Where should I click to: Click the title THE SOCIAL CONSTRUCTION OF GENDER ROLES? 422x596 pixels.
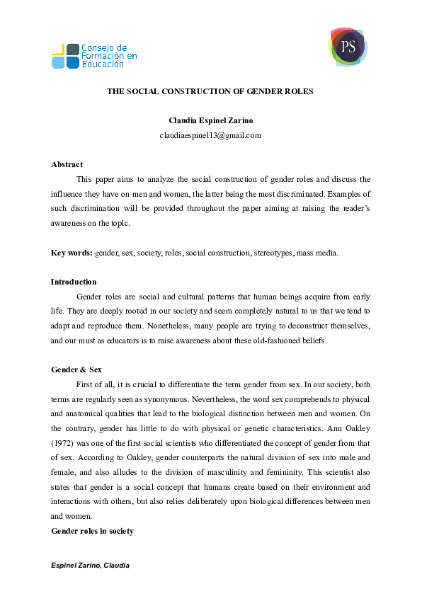click(210, 92)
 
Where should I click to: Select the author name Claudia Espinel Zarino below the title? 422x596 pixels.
click(210, 121)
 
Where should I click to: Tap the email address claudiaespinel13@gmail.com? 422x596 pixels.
click(210, 135)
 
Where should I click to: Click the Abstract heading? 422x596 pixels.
click(67, 164)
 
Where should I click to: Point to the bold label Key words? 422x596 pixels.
click(72, 253)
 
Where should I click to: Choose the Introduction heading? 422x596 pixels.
click(74, 282)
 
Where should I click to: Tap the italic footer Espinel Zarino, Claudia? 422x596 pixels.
click(91, 567)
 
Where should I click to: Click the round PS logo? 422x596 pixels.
click(348, 47)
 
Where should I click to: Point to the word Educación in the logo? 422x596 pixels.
click(103, 64)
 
